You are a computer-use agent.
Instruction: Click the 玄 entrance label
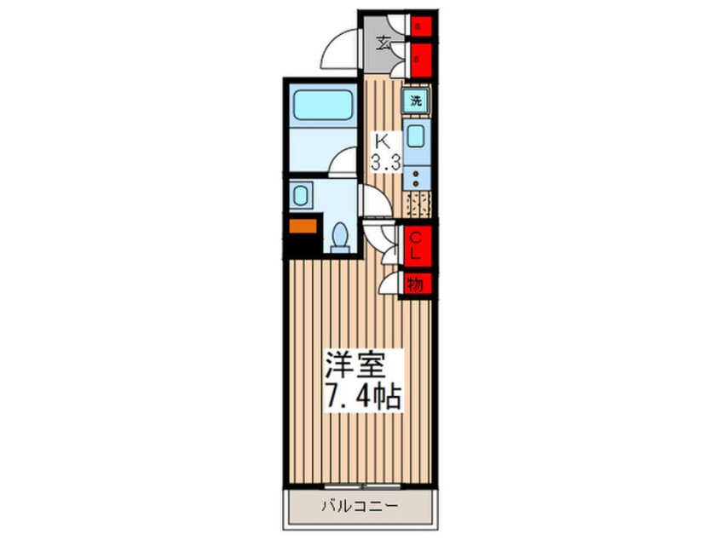point(385,42)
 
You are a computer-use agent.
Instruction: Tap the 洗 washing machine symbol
point(416,100)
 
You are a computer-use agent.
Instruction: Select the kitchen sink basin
point(416,135)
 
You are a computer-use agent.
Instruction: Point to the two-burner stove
point(416,179)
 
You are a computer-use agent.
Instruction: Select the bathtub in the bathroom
point(322,107)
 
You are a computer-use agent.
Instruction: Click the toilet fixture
point(341,235)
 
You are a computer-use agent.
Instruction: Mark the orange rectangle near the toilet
point(301,227)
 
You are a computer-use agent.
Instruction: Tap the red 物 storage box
point(416,284)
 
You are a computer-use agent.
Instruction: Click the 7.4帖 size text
point(360,397)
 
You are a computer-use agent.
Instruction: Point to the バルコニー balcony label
point(358,506)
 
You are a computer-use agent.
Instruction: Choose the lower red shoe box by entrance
point(418,60)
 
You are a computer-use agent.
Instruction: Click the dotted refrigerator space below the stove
point(418,205)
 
